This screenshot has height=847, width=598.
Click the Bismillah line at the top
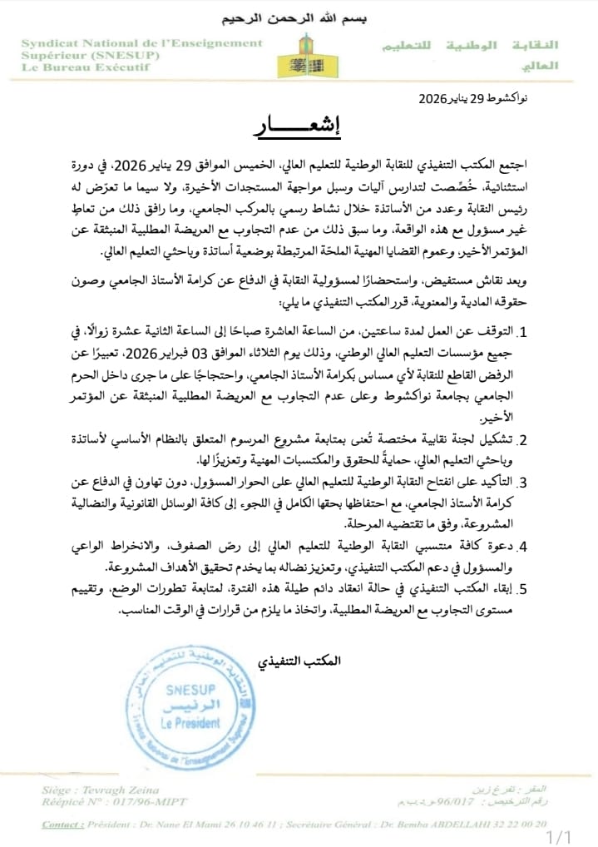[298, 17]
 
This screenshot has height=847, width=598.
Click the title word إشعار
[298, 130]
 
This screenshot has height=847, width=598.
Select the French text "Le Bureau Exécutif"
[85, 67]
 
